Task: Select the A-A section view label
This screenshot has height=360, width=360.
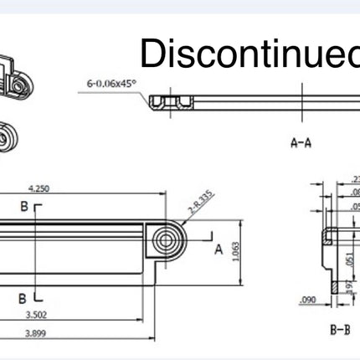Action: point(301,142)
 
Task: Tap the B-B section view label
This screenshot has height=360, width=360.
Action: point(339,329)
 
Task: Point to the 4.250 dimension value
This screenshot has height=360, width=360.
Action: point(39,189)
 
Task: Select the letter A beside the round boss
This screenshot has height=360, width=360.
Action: point(218,249)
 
